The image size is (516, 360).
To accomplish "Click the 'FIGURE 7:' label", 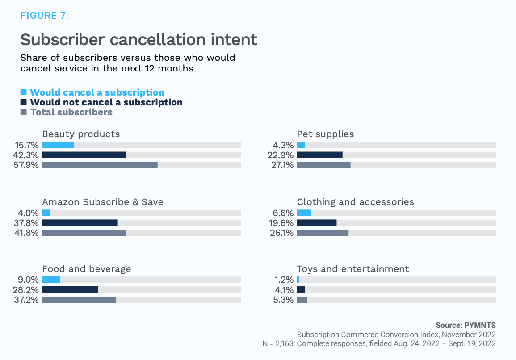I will point(44,16).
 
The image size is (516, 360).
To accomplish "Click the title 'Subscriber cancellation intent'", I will point(138,39).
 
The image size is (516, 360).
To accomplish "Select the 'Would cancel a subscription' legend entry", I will point(97,92).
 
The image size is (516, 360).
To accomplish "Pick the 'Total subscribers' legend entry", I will point(71,112).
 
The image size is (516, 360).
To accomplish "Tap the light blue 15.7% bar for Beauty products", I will point(58,145).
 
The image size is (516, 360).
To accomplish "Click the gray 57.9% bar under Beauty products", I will point(100,165).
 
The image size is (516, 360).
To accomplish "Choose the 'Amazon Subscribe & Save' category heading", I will point(102,202).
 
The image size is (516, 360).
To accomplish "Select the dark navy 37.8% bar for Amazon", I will point(80,222).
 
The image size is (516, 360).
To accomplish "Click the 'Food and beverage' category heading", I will point(87,269).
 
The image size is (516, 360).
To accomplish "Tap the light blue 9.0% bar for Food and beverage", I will point(51,280).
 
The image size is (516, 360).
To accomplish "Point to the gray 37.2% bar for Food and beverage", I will point(79,300).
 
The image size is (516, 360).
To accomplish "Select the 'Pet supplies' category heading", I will point(325,134).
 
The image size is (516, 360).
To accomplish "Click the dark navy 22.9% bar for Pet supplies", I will point(319,155).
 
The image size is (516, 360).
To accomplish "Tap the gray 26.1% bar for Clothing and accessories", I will point(323,233).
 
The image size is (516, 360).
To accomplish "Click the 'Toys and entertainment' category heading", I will point(353,269).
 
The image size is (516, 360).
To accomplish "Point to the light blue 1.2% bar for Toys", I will point(298,280).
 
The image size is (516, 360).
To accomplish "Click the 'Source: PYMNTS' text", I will point(466,325).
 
